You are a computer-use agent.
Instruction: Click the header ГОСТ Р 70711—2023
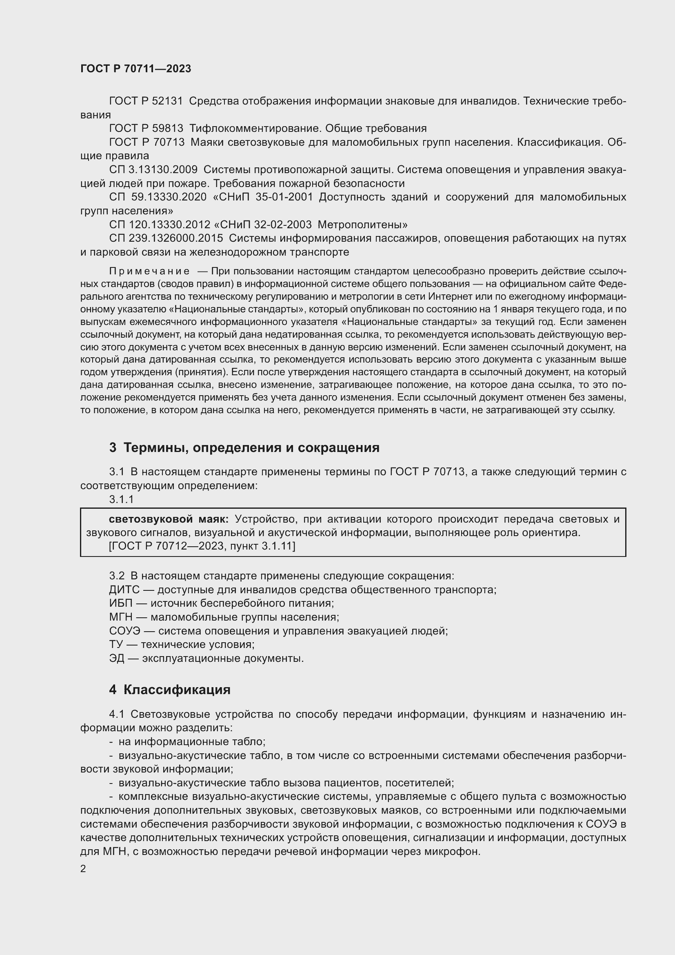[x=135, y=69]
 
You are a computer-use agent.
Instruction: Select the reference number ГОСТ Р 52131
[x=146, y=101]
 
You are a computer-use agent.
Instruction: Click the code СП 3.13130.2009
[x=153, y=170]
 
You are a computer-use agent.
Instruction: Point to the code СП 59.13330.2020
[x=158, y=197]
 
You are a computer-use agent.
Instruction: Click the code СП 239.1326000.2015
[x=166, y=238]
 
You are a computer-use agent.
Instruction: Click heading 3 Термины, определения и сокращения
[x=244, y=447]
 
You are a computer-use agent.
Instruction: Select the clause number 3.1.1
[x=121, y=499]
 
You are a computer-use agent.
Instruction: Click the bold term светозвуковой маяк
[x=168, y=519]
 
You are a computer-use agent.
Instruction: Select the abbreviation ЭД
[x=117, y=659]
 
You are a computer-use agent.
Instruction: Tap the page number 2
[x=83, y=869]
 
